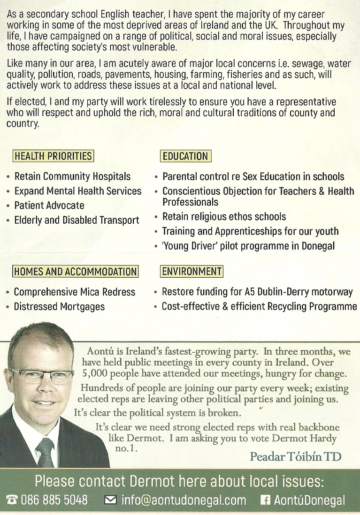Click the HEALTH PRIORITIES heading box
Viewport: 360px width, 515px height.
53,156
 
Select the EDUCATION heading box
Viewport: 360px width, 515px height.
185,156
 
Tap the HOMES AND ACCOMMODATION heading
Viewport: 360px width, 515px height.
75,272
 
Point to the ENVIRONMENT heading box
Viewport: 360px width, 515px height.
191,272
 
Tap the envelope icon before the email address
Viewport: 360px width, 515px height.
110,500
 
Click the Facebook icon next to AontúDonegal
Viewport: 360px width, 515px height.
266,500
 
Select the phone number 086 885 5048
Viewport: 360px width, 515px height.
54,500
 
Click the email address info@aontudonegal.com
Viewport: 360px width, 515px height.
184,500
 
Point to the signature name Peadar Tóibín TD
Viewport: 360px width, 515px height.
296,456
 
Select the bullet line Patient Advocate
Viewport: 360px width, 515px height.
49,205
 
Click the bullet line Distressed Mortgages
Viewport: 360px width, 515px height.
59,307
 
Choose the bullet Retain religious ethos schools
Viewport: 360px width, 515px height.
224,217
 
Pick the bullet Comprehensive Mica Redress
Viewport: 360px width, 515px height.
74,292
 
